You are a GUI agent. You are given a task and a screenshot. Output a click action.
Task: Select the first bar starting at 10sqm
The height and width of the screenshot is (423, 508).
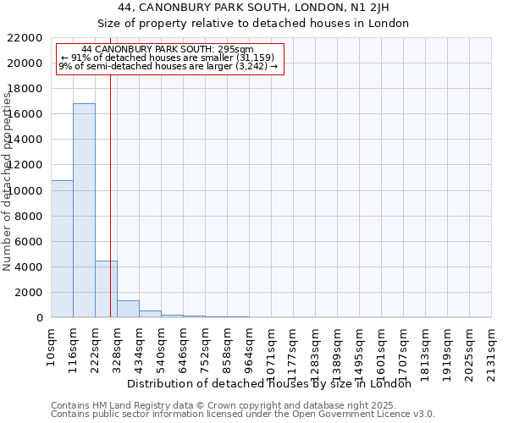point(62,249)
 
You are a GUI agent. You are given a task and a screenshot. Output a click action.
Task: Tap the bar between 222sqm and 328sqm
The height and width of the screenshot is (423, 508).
point(106,288)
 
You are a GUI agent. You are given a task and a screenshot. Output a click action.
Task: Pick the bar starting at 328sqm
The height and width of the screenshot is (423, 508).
point(128,309)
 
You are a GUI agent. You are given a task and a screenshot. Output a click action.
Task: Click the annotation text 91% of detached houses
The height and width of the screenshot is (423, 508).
point(169,58)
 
